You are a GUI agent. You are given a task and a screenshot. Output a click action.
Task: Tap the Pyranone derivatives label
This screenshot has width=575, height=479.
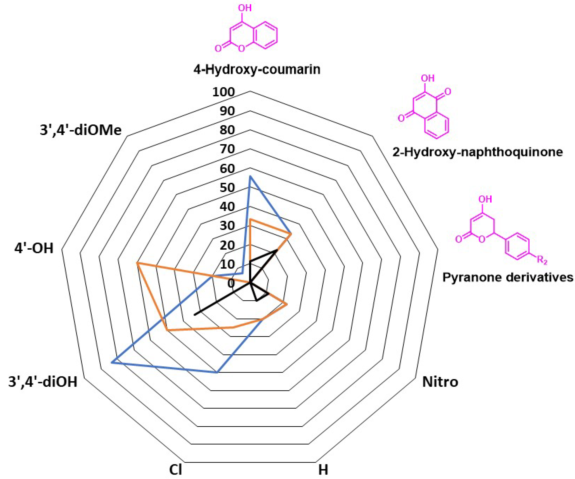click(508, 277)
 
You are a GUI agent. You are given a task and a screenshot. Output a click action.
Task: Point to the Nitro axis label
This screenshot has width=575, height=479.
click(440, 382)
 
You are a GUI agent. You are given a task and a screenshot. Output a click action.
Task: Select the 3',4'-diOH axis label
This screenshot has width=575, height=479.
click(43, 382)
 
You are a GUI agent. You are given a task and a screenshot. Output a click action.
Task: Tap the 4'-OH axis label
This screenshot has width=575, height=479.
click(34, 249)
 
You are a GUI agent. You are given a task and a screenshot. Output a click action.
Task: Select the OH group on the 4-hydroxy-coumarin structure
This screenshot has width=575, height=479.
click(245, 8)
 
